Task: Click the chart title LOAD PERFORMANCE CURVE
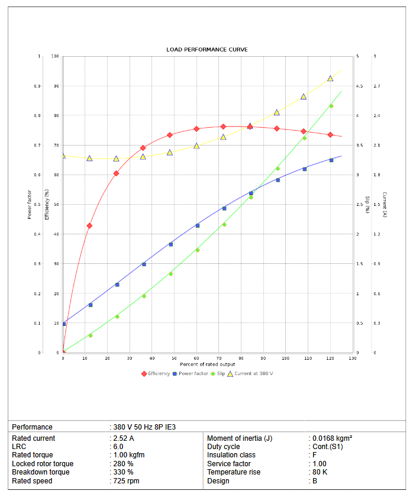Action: (x=207, y=50)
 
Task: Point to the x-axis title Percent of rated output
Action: (x=208, y=364)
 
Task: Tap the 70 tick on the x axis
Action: (x=219, y=359)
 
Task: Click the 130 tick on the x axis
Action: (x=353, y=359)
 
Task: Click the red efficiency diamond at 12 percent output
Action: (x=89, y=225)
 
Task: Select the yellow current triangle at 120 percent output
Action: (x=330, y=78)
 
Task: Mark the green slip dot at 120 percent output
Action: (x=331, y=106)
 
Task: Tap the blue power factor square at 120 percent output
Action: (x=331, y=160)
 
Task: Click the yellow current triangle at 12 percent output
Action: (x=89, y=158)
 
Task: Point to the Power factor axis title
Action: (x=30, y=204)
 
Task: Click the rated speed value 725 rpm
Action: (x=126, y=481)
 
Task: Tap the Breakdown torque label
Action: (x=41, y=472)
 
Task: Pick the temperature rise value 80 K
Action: (x=321, y=472)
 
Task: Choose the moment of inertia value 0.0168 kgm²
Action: (x=333, y=438)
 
